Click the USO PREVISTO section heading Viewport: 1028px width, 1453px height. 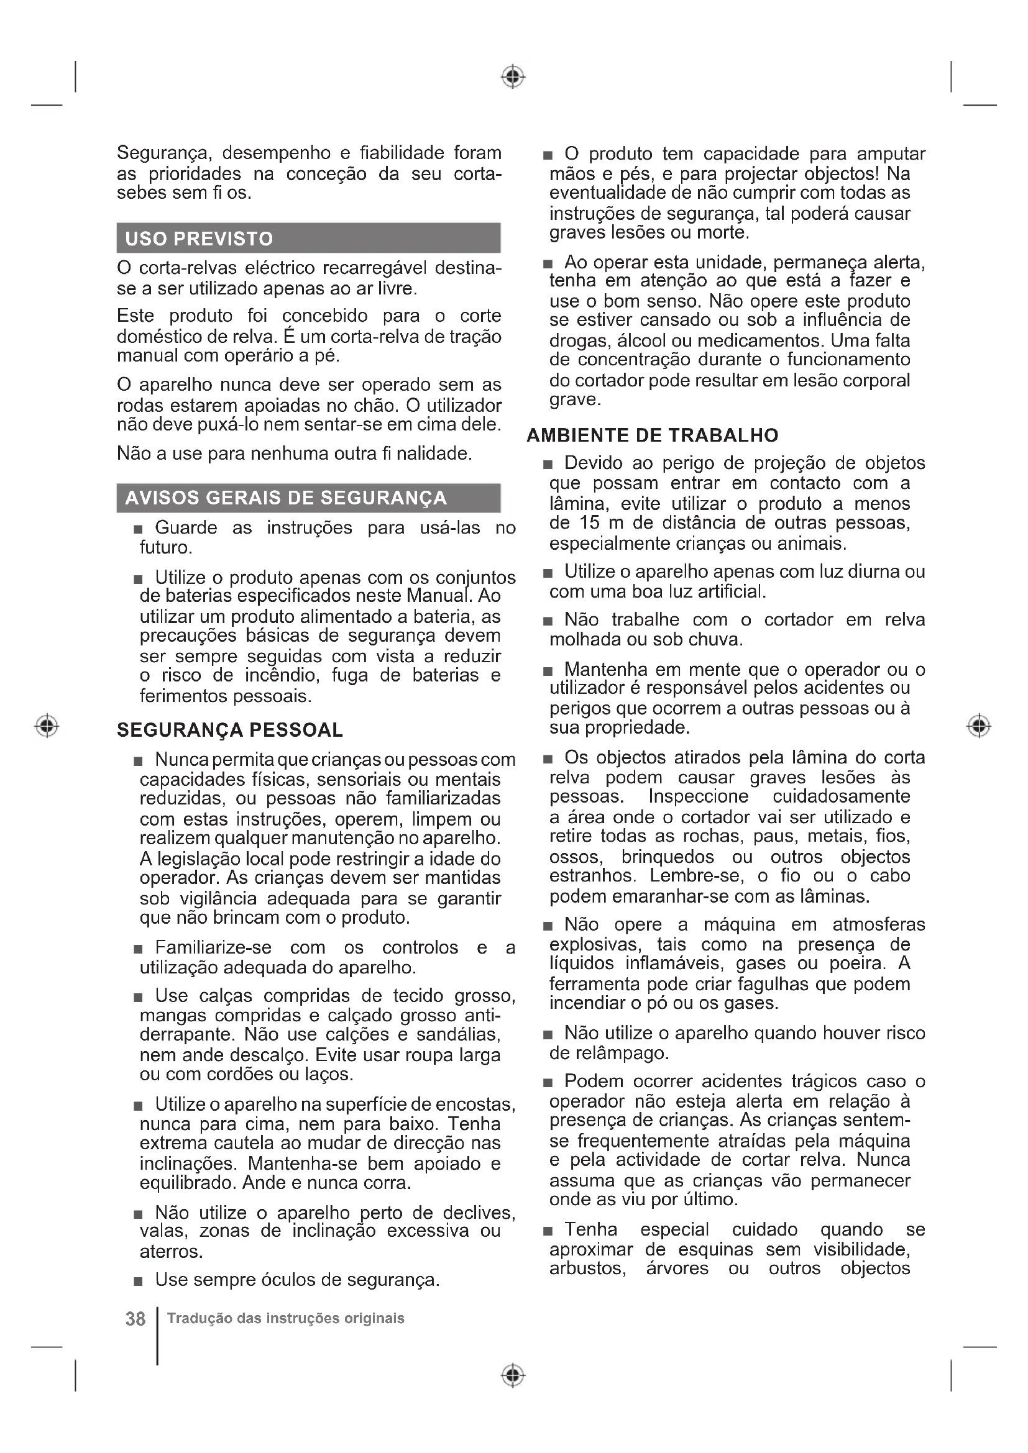(x=200, y=239)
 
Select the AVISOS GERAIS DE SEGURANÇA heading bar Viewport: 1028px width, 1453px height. (x=285, y=498)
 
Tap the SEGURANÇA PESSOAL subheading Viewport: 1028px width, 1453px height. (x=230, y=730)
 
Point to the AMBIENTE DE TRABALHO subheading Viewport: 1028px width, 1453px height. (x=653, y=435)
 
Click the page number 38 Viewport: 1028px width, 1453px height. (x=135, y=1319)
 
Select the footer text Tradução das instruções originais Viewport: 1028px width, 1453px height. (x=285, y=1318)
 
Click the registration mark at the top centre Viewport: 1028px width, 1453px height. (x=513, y=76)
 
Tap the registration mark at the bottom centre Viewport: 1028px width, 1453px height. (x=513, y=1375)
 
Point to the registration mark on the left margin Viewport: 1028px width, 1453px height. (x=47, y=725)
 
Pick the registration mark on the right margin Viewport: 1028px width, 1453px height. (x=979, y=725)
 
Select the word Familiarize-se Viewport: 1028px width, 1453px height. (x=213, y=947)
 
